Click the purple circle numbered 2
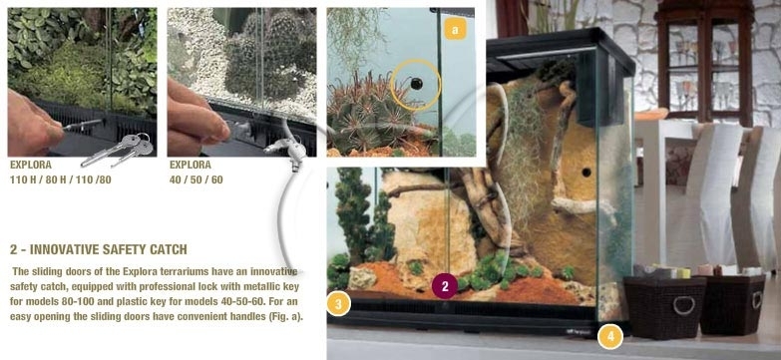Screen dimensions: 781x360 coord(445,286)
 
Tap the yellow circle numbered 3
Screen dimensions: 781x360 coord(339,304)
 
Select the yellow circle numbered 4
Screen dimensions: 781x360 coord(610,337)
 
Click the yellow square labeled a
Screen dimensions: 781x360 coord(455,29)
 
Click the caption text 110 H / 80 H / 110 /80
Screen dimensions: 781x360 coord(60,180)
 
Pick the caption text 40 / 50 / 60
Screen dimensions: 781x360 coord(196,180)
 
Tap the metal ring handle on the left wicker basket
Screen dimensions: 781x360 coord(684,305)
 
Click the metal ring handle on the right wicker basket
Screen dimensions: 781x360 coord(757,300)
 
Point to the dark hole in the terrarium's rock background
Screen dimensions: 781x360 coord(586,173)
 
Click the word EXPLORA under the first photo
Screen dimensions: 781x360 coord(31,165)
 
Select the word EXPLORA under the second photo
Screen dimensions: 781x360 coord(191,165)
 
